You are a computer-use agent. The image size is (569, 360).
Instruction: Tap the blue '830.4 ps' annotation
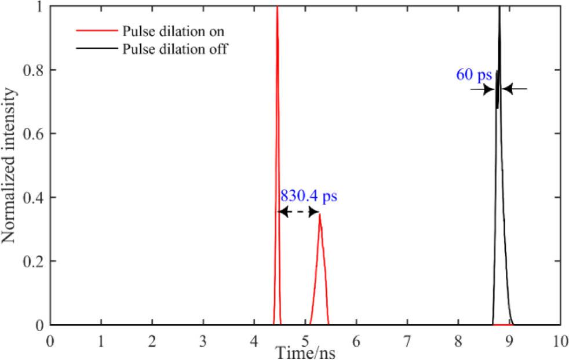tap(308, 195)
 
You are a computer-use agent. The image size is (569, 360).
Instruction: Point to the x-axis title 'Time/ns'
tap(305, 352)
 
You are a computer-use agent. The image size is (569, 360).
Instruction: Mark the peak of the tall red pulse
tap(277, 7)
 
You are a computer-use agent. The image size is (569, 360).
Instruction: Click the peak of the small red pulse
tap(320, 215)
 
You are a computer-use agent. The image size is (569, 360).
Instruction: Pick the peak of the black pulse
tap(499, 7)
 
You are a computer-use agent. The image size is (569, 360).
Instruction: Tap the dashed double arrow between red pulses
tap(299, 212)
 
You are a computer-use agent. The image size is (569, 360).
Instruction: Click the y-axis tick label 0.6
tap(34, 134)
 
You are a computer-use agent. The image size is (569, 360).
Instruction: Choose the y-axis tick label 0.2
tap(34, 261)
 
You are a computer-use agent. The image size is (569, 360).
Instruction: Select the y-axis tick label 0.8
tap(34, 70)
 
